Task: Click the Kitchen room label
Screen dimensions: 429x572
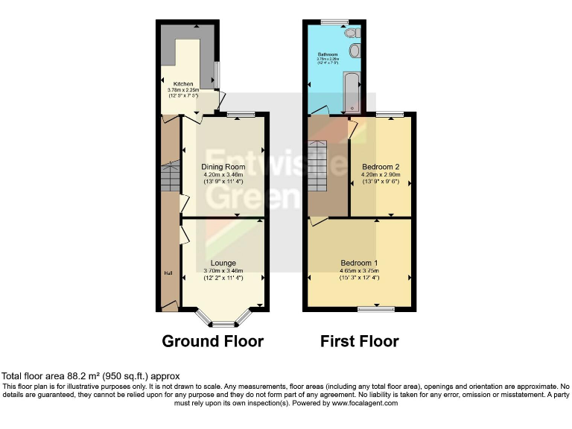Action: tap(183, 84)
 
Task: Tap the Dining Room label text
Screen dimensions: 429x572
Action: tap(223, 166)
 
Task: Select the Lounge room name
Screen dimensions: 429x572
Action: tap(223, 263)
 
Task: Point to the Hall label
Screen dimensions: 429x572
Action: tap(168, 273)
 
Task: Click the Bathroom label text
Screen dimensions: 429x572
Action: tap(328, 54)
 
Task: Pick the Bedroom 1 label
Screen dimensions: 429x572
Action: tap(359, 263)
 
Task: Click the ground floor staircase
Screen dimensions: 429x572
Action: tap(170, 179)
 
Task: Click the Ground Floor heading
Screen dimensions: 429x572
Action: tap(213, 342)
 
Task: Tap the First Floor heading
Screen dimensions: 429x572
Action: tap(359, 342)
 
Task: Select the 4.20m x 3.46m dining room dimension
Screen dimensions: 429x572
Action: tap(223, 174)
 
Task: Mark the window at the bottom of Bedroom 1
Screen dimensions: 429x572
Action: tap(376, 308)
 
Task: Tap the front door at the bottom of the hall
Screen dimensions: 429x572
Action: tap(170, 305)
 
